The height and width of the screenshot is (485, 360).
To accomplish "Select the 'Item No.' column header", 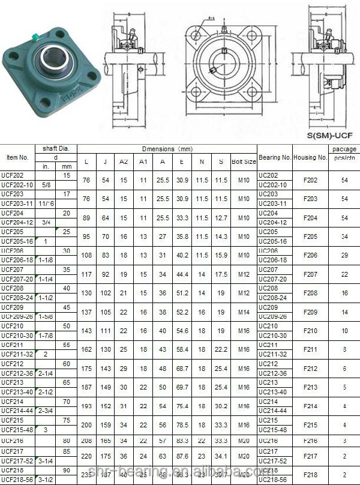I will pyautogui.click(x=17, y=157).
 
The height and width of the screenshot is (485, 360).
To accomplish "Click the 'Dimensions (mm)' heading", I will pyautogui.click(x=167, y=148).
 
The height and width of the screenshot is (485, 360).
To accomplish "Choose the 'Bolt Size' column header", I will pyautogui.click(x=244, y=161).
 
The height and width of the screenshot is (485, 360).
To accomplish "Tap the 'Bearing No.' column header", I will pyautogui.click(x=275, y=157).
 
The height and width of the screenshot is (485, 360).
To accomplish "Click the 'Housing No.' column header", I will pyautogui.click(x=310, y=157).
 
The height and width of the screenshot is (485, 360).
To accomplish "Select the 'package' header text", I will pyautogui.click(x=343, y=149).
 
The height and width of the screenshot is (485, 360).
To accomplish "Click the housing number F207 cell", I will pyautogui.click(x=311, y=274).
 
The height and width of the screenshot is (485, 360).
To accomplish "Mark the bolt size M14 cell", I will pyautogui.click(x=244, y=312).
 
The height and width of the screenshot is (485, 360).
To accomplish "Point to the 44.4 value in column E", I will pyautogui.click(x=182, y=274).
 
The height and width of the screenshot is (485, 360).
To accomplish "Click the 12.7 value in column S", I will pyautogui.click(x=221, y=218).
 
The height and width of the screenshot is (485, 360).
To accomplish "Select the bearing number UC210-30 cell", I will pyautogui.click(x=272, y=336).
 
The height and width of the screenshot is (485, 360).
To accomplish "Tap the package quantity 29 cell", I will pyautogui.click(x=344, y=255).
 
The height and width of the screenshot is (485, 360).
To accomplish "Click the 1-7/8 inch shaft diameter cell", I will pyautogui.click(x=45, y=336).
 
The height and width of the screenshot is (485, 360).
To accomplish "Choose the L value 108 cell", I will pyautogui.click(x=86, y=255).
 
